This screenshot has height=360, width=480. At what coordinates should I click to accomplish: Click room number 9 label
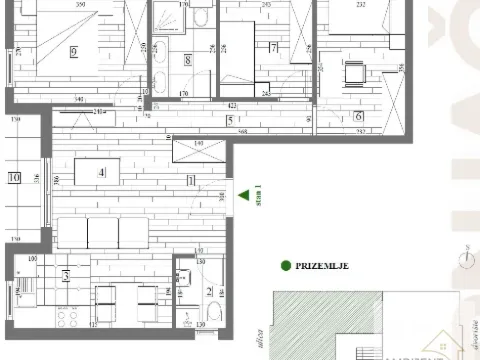75,52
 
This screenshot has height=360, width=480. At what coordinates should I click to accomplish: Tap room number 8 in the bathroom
188,60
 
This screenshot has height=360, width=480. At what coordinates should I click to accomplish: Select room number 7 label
273,47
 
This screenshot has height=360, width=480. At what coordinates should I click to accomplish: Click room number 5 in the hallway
229,121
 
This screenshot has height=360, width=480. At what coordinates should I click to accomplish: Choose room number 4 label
101,172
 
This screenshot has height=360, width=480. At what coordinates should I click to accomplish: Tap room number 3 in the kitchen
66,276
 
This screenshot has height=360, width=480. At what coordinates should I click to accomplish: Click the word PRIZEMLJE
324,266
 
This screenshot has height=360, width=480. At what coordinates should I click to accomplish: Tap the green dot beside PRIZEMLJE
286,266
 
